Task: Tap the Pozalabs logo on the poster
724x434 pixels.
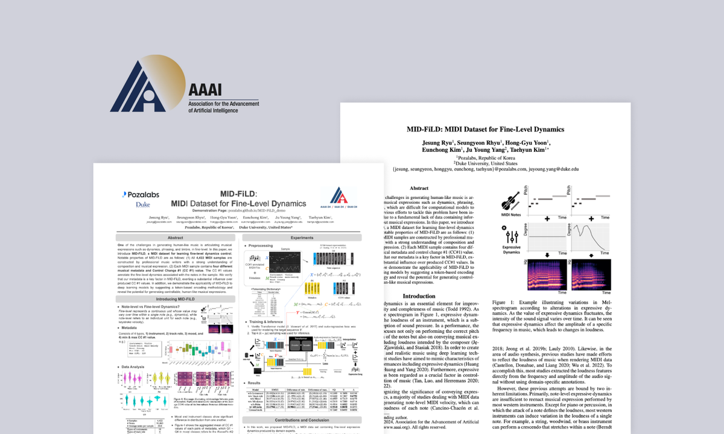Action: pyautogui.click(x=141, y=195)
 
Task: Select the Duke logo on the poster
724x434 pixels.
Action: pyautogui.click(x=142, y=205)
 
